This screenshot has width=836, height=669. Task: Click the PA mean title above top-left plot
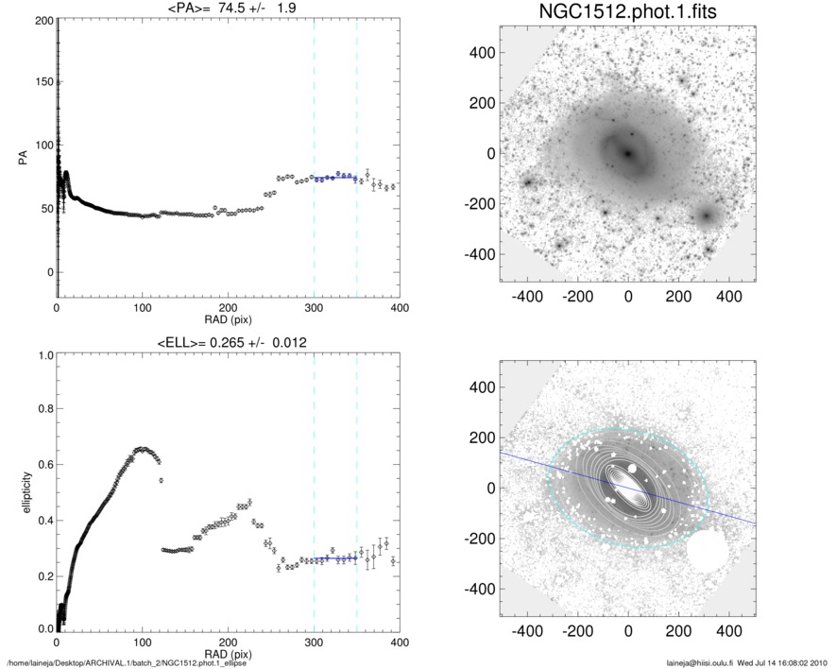[x=228, y=8]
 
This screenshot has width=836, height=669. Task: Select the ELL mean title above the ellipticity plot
[x=228, y=341]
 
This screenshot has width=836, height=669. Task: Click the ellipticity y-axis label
[x=22, y=490]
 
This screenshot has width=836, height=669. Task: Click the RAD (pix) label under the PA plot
[x=228, y=318]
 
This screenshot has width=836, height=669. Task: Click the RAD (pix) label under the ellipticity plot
[x=228, y=652]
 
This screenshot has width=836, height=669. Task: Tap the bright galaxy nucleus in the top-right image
[x=628, y=153]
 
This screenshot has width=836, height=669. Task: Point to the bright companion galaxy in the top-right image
[x=706, y=216]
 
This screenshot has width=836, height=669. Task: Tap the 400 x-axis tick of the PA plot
[x=399, y=308]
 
